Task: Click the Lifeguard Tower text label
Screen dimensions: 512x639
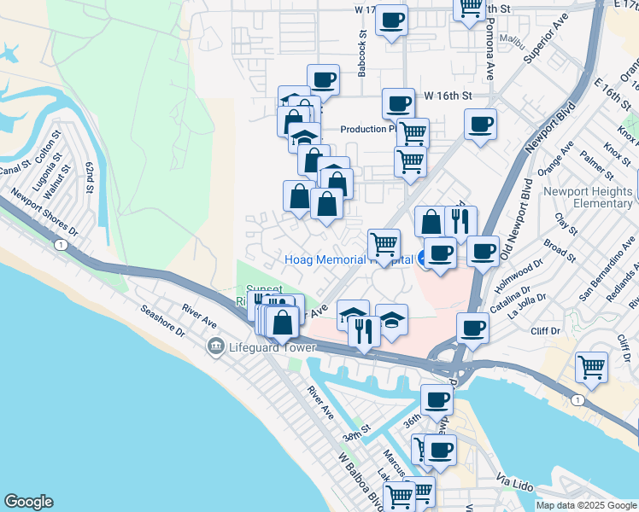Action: tap(273, 347)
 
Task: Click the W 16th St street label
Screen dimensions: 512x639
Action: tap(448, 97)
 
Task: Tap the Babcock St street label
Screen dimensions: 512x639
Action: tap(363, 58)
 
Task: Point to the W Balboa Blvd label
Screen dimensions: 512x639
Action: tap(359, 483)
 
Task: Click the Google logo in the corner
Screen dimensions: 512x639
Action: tap(28, 502)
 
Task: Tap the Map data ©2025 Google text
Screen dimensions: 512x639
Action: tap(585, 505)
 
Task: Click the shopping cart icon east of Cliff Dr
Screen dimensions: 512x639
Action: tap(591, 367)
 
